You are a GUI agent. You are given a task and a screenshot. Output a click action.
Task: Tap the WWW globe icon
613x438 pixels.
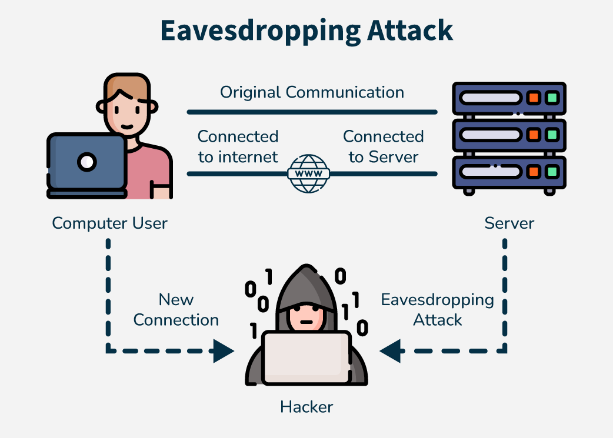[x=308, y=173]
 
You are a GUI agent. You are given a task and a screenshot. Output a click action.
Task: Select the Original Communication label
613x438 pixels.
[x=312, y=92]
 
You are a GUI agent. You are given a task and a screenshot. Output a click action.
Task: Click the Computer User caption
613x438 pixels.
[x=110, y=223]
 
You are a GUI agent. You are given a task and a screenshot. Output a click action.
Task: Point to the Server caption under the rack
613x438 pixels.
[x=509, y=223]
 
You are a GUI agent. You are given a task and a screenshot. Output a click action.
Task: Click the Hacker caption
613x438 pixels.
[x=306, y=406]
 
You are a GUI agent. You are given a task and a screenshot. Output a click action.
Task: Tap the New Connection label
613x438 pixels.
[x=176, y=310]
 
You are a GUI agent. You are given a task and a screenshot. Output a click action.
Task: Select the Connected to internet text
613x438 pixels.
[x=238, y=147]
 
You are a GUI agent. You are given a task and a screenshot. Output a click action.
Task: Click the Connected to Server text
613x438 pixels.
[x=384, y=147]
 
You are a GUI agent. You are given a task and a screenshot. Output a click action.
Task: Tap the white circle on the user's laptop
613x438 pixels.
[x=87, y=161]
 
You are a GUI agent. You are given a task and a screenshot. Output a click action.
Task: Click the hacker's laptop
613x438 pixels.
[x=306, y=357]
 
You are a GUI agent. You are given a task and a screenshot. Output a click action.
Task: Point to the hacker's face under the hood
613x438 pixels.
[x=306, y=318]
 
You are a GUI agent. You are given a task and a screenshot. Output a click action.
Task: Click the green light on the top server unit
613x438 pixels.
[x=551, y=98]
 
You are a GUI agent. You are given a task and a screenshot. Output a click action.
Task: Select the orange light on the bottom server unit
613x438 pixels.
[x=534, y=172]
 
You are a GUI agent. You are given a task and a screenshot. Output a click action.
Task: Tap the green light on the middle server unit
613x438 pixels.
[x=551, y=135]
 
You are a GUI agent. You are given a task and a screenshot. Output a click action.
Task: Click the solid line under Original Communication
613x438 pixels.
[x=312, y=112]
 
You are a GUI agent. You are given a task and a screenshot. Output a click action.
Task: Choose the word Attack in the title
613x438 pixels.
[x=410, y=30]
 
